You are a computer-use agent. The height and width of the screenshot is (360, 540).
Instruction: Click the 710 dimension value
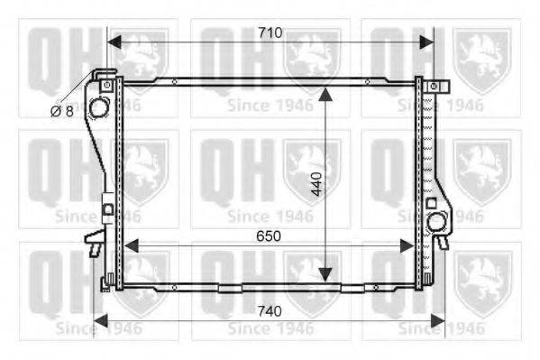(x=270, y=32)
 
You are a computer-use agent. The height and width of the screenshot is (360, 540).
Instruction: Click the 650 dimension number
(x=269, y=236)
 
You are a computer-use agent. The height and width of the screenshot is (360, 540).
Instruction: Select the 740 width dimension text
(x=270, y=311)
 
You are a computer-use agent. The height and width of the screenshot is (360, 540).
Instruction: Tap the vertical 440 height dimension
(x=316, y=184)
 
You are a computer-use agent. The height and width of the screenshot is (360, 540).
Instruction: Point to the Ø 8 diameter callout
(x=62, y=111)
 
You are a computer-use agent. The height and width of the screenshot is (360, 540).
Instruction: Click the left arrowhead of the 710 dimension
(x=114, y=42)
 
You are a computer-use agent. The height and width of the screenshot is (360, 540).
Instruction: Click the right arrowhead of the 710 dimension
(x=426, y=42)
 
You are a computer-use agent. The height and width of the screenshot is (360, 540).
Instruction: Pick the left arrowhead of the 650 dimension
(x=132, y=245)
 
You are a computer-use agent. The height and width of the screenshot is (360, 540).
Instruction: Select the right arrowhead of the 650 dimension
(x=407, y=245)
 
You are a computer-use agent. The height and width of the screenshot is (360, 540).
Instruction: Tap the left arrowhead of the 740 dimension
(x=101, y=321)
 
